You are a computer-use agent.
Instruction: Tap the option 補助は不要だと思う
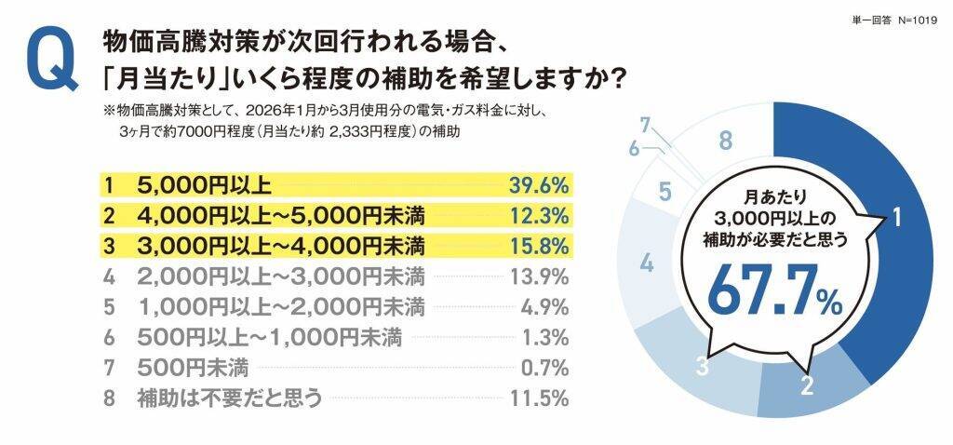coord(229,399)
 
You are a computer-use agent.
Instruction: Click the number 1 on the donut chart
coord(896,219)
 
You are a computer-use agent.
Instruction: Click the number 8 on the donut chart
coord(727,142)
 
